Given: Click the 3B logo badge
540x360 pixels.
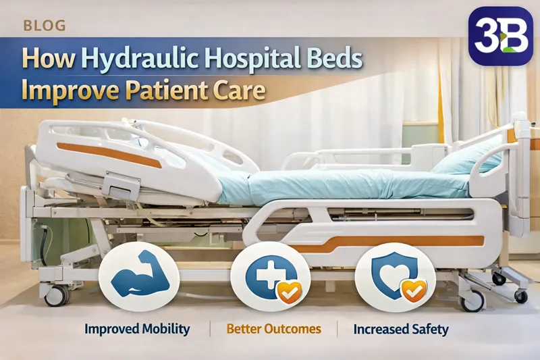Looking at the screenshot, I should pyautogui.click(x=501, y=36).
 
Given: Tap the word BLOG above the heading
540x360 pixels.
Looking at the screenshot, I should pyautogui.click(x=45, y=26).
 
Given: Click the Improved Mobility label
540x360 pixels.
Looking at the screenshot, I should pyautogui.click(x=137, y=330).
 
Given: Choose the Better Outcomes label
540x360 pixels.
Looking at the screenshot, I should pyautogui.click(x=273, y=330).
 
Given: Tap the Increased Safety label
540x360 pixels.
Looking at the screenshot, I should pyautogui.click(x=402, y=330).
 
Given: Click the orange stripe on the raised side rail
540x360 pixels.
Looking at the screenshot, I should pyautogui.click(x=108, y=155).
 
